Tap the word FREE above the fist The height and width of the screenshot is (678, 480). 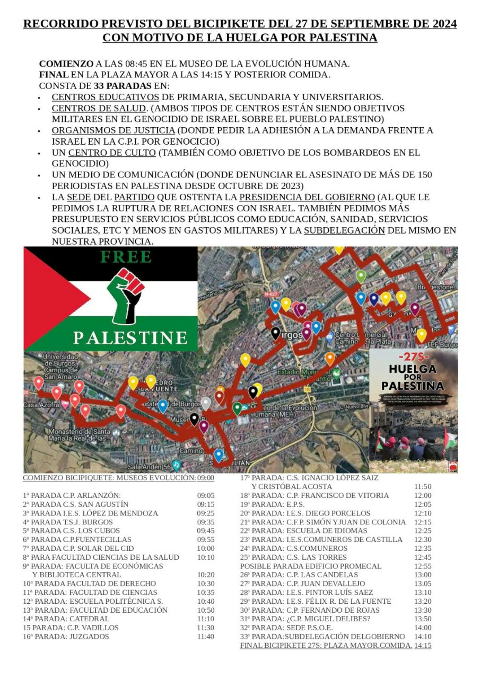coord(126,257)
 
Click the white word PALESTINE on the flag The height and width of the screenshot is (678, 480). coord(130,337)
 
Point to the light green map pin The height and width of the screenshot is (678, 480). coord(361,276)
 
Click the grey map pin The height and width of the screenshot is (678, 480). coord(206,403)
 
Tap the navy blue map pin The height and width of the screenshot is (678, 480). coord(374,299)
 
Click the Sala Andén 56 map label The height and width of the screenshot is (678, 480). coord(152,467)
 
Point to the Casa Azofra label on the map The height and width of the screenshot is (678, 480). coord(39,405)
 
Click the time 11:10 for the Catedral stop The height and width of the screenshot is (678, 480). coord(205,619)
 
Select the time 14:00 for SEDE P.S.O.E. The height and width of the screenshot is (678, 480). coord(423,628)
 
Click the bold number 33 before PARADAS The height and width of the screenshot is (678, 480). coord(99,86)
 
